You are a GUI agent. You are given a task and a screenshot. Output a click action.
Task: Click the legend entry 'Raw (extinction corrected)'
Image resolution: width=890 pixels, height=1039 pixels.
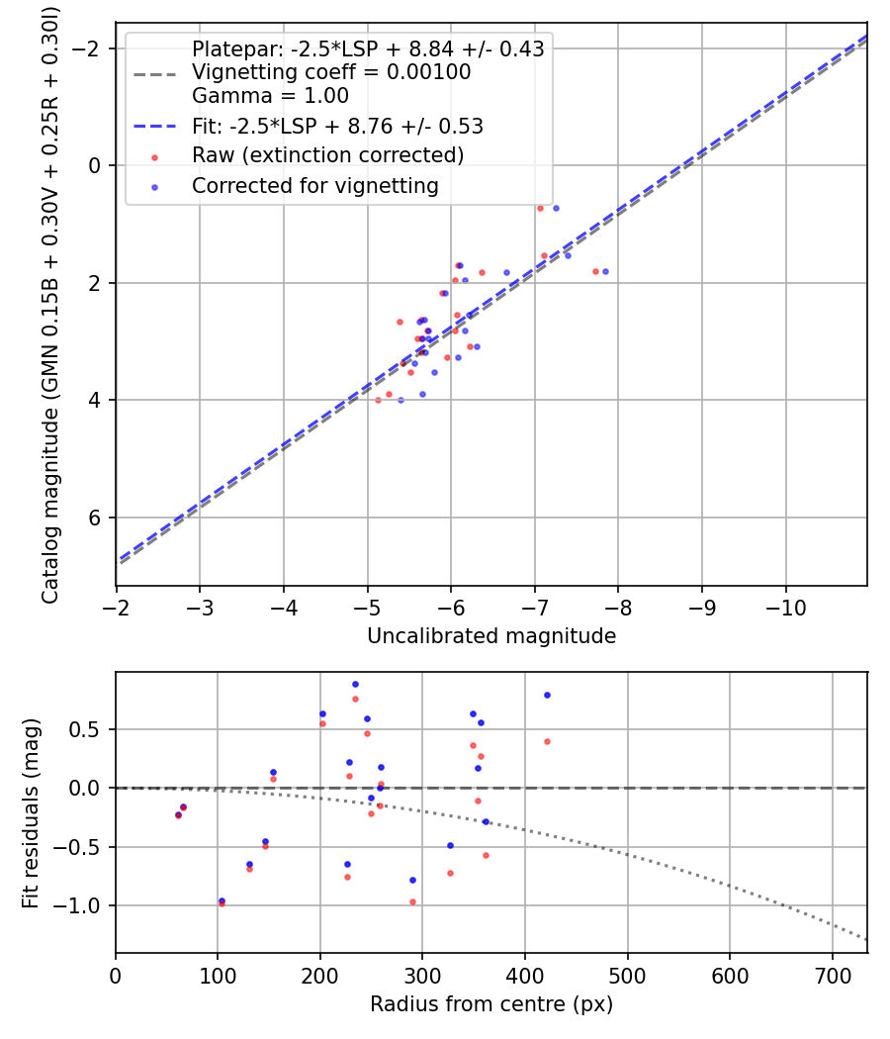(327, 155)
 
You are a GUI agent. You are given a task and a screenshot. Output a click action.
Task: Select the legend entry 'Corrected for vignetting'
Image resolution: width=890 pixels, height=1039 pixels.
(314, 185)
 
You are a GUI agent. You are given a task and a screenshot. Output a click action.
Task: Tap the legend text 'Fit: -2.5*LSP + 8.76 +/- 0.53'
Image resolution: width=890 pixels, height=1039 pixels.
(337, 126)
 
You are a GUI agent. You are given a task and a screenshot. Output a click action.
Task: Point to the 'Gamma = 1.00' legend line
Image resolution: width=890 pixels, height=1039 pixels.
(270, 96)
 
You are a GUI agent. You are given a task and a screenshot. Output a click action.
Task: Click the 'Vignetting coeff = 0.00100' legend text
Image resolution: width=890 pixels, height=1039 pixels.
(331, 72)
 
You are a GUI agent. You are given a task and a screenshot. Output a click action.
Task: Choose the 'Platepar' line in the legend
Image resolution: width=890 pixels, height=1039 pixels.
(368, 48)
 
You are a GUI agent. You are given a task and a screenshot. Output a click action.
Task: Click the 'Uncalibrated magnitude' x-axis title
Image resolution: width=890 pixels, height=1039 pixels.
(491, 636)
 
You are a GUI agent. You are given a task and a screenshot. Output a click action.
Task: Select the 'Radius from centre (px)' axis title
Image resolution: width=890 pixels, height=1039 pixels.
(491, 1004)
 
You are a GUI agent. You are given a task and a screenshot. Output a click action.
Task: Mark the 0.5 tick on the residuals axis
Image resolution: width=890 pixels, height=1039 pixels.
(93, 729)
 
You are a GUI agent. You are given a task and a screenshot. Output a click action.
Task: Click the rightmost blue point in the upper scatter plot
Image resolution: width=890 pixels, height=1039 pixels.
(605, 271)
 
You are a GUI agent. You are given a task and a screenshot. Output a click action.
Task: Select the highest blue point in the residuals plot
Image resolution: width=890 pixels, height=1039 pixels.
(355, 684)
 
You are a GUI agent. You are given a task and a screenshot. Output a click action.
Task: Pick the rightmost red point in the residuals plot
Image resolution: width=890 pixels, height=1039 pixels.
(547, 741)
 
